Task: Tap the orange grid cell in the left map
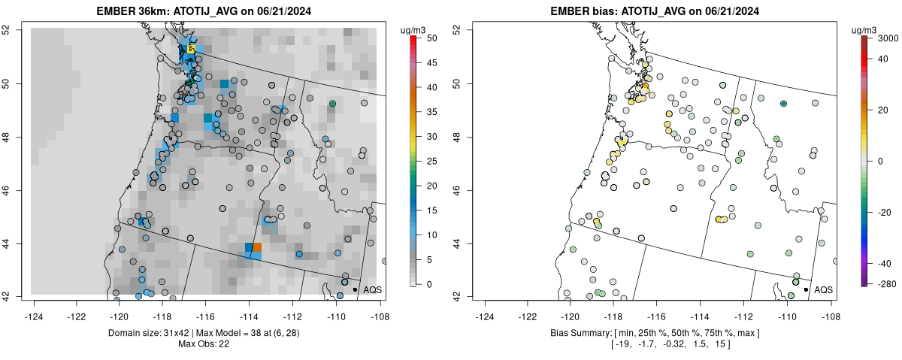coord(258,247)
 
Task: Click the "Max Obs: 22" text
coord(204,344)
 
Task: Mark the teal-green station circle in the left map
coord(332,104)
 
